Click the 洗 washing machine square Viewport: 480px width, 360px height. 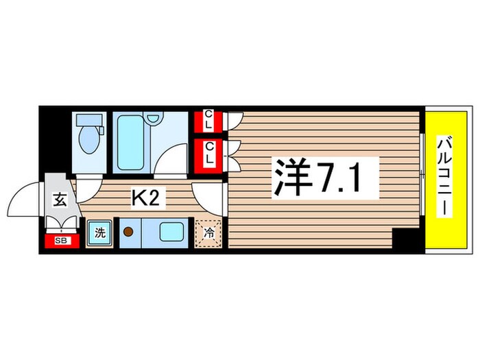tap(100, 232)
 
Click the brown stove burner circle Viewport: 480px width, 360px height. tap(128, 232)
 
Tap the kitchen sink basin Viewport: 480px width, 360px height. tap(171, 232)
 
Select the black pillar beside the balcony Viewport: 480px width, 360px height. tap(405, 240)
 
